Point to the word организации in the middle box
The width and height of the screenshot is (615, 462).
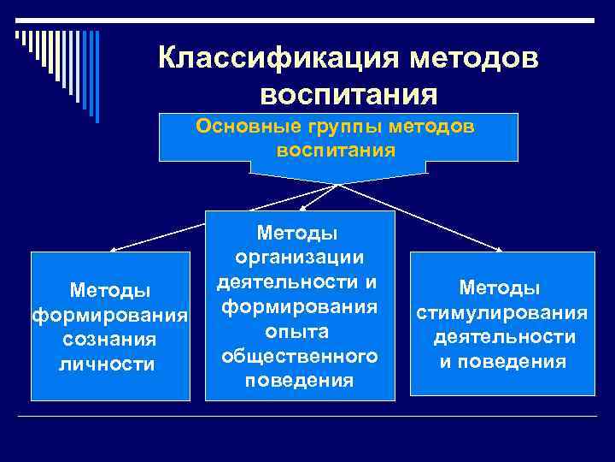coord(300,257)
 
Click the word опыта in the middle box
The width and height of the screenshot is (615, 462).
coord(300,330)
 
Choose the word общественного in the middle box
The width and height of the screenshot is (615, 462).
coord(300,354)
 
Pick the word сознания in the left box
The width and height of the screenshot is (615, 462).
coord(108,340)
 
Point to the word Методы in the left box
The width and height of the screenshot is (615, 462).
coord(109,291)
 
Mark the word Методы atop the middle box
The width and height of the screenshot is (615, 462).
coord(299,232)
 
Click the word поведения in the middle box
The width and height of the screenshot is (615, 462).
coord(300,379)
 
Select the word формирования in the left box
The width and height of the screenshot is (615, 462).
coord(110,316)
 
